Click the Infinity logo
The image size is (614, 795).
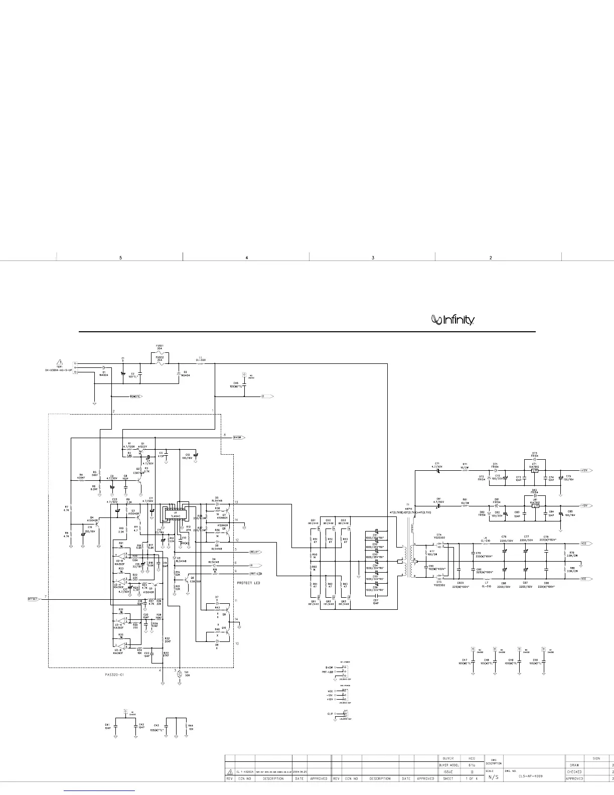pos(453,320)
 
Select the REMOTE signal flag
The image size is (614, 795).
pos(136,396)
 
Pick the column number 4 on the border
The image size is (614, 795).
pos(246,258)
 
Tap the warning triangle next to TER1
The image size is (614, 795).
pos(60,362)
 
